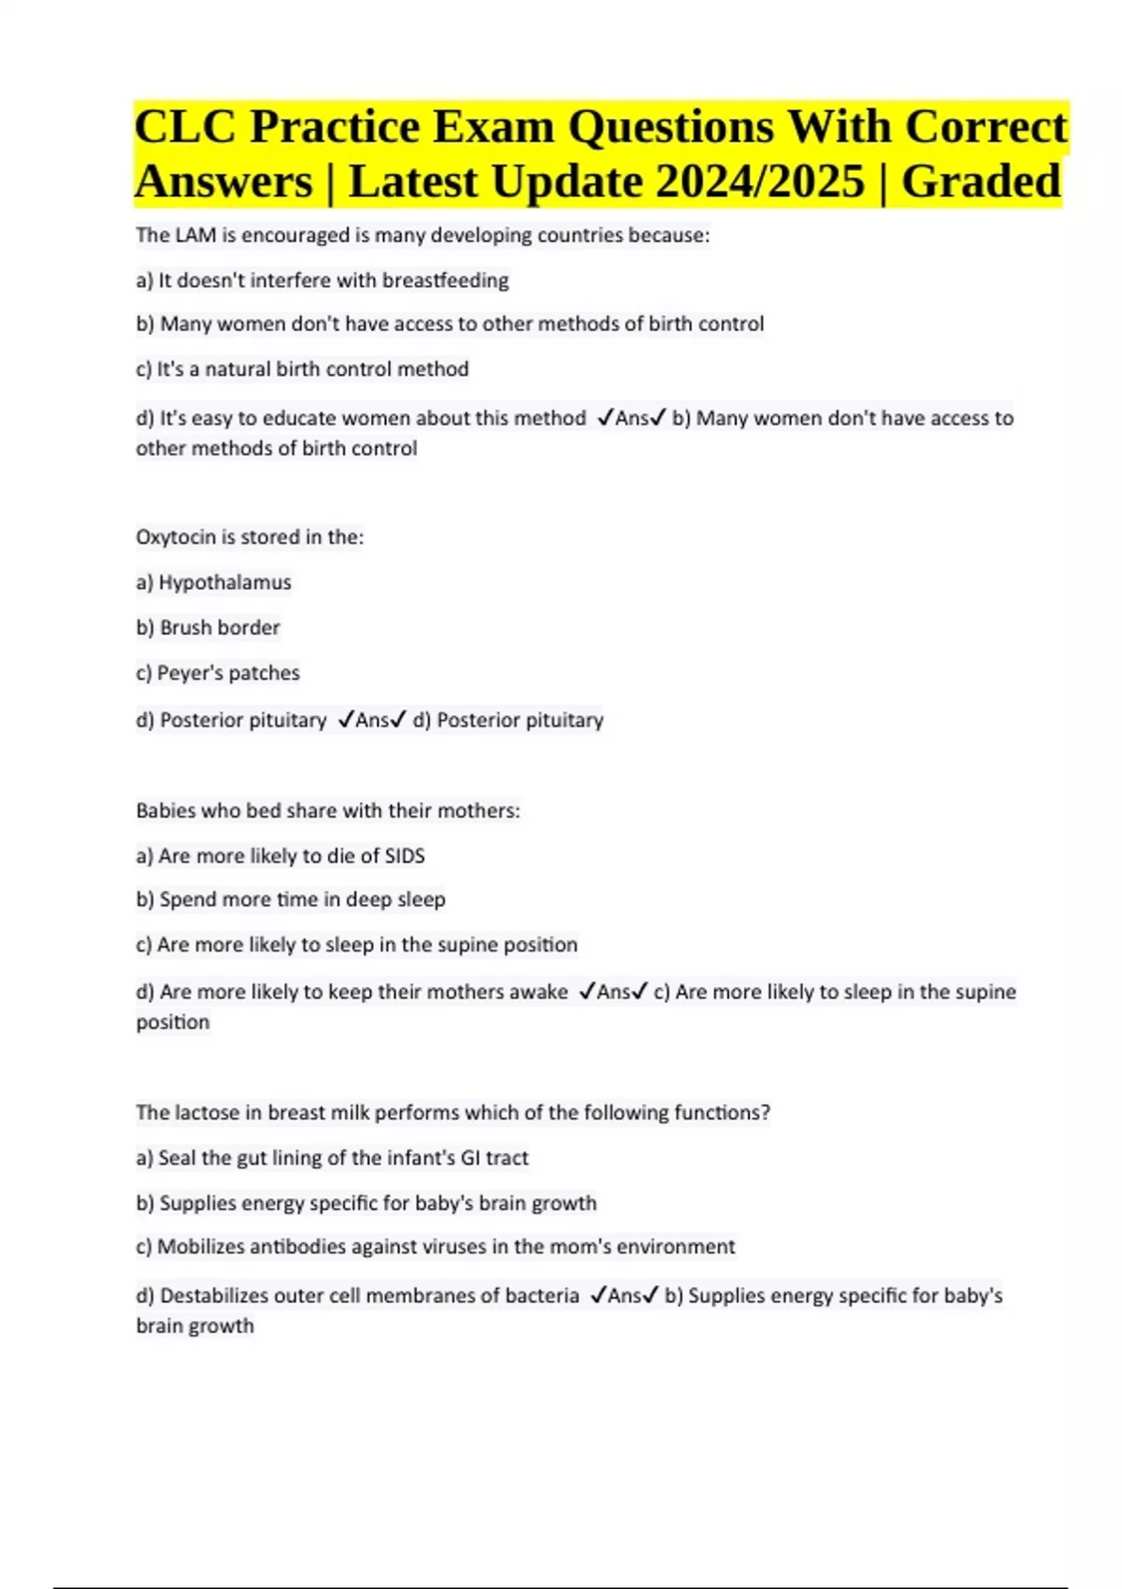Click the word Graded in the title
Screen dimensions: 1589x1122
click(x=981, y=181)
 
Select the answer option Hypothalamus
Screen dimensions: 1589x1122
click(x=224, y=582)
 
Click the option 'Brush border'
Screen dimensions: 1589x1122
click(x=220, y=627)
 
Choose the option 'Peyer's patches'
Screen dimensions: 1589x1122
click(x=228, y=673)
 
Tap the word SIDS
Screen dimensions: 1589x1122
click(x=405, y=856)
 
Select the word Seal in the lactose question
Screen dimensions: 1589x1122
click(x=177, y=1158)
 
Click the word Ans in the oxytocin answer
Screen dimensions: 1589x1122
click(x=372, y=721)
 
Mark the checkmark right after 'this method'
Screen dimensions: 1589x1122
click(x=605, y=418)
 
